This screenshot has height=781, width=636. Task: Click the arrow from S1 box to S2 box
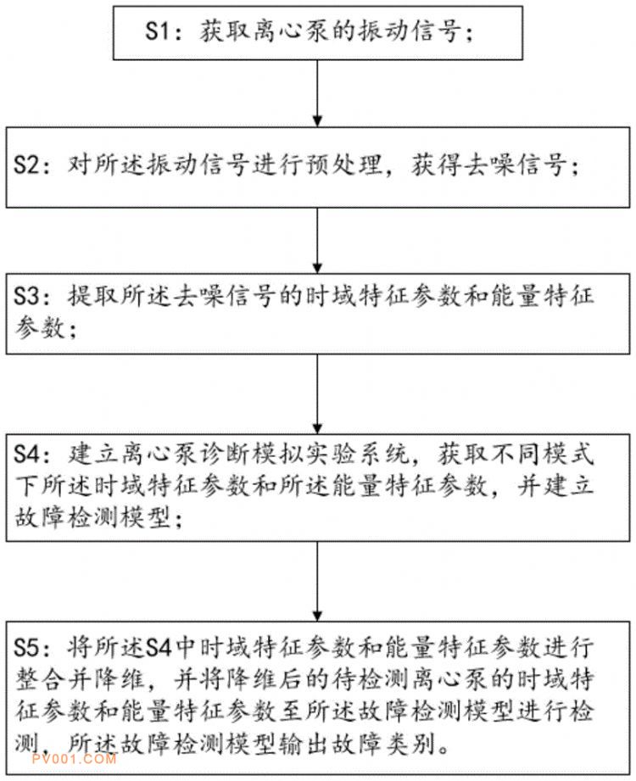(317, 93)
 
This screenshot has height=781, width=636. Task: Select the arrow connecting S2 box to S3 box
(317, 240)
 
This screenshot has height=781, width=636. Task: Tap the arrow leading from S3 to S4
(317, 393)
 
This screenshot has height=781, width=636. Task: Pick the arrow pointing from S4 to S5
(317, 581)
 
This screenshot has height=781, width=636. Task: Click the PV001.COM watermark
(75, 759)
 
